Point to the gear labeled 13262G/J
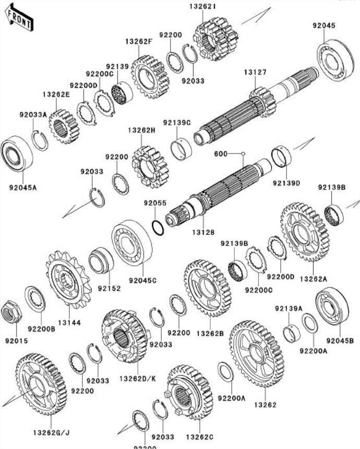point(41,385)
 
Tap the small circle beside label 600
point(243,153)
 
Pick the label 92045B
point(340,340)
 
